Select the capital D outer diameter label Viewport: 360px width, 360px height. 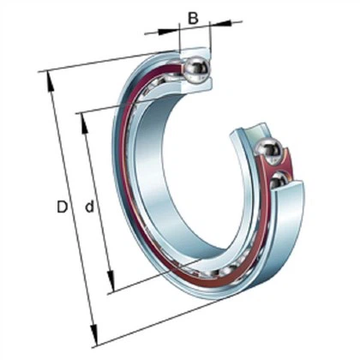click(x=61, y=207)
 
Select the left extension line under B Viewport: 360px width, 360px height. click(x=179, y=43)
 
